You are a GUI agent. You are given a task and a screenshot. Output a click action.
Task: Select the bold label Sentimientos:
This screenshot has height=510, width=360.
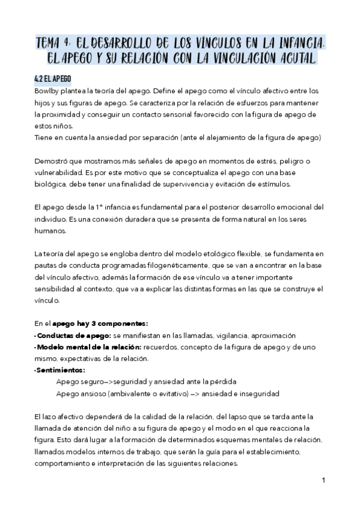coord(60,370)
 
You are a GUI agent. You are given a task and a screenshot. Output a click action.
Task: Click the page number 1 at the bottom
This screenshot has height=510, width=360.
coord(323,481)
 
